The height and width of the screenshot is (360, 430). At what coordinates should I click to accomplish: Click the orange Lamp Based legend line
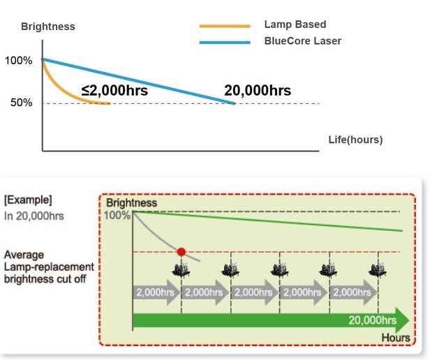pos(224,26)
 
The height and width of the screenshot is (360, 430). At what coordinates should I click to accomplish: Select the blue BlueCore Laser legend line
pos(224,42)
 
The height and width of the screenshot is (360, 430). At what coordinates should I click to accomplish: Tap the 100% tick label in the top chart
pos(19,61)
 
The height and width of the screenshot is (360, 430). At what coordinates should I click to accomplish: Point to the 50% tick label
pos(21,103)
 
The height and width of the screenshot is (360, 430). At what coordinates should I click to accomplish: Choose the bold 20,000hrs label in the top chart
pos(258,91)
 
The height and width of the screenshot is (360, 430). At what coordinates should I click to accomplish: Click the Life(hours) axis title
pos(355,140)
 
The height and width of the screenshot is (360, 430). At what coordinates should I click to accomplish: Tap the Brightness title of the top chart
pos(47,27)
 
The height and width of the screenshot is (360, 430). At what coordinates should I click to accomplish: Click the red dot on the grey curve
pos(181,251)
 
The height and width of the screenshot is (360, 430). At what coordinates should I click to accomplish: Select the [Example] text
pos(28,200)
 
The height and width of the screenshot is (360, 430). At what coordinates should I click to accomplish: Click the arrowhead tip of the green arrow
pos(409,320)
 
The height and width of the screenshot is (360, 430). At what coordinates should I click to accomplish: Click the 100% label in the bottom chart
pos(117,214)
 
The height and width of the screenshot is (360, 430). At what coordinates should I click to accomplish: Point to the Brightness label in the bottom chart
pos(131,202)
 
